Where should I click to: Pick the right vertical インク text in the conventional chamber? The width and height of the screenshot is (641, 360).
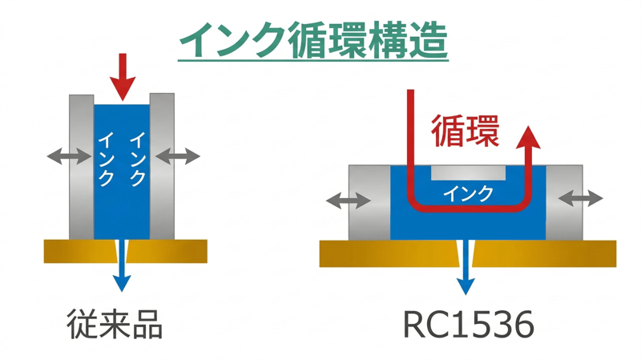coord(136,157)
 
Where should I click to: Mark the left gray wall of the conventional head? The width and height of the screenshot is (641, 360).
coord(81,166)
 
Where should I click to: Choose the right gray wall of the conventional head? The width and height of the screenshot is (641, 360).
coord(162,166)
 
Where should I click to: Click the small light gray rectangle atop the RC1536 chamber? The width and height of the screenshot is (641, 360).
coord(468,172)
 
